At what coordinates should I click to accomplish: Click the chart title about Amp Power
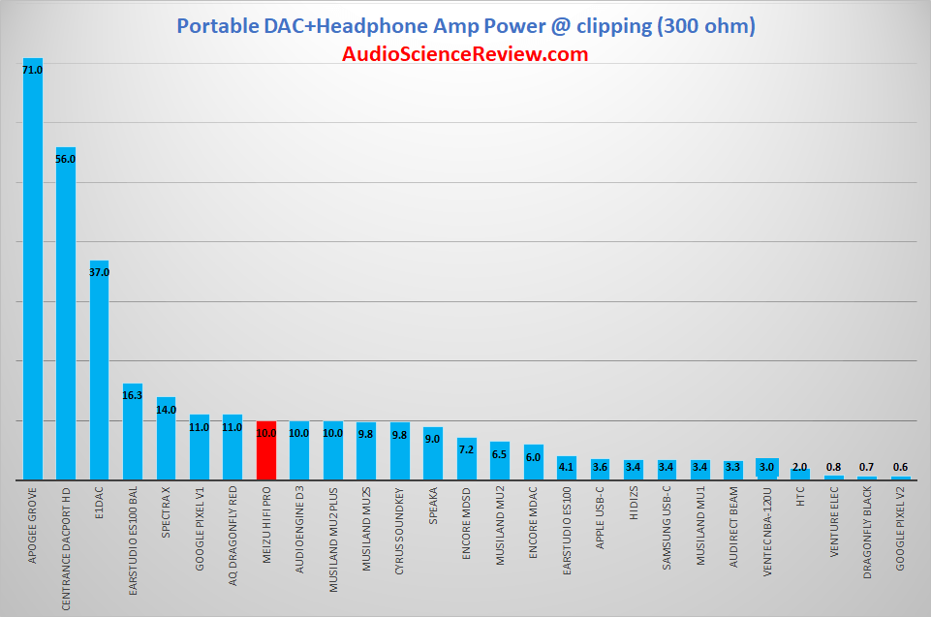pyautogui.click(x=465, y=25)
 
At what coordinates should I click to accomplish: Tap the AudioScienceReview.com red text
pyautogui.click(x=465, y=54)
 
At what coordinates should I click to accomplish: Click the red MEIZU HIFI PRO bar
pyautogui.click(x=266, y=450)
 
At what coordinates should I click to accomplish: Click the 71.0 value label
pyautogui.click(x=33, y=70)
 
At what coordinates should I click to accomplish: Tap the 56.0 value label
pyautogui.click(x=66, y=159)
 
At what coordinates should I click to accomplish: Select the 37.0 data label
pyautogui.click(x=100, y=273)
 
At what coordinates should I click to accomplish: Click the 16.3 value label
pyautogui.click(x=133, y=395)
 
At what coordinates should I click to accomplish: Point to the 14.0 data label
pyautogui.click(x=167, y=410)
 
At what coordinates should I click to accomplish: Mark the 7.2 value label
pyautogui.click(x=467, y=449)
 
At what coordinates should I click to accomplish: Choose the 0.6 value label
pyautogui.click(x=901, y=467)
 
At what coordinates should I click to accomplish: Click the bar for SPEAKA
pyautogui.click(x=433, y=453)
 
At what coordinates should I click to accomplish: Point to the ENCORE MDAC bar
pyautogui.click(x=534, y=462)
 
